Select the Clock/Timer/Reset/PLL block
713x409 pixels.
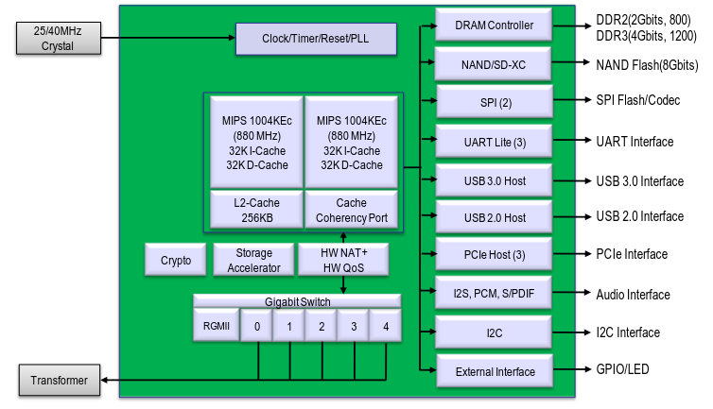(316, 39)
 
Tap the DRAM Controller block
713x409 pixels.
(494, 26)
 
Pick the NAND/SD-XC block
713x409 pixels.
(494, 65)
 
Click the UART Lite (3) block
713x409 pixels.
(494, 142)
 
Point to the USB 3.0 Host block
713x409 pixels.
(494, 180)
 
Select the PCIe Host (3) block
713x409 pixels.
(494, 254)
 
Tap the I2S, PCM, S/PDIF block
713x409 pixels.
(494, 294)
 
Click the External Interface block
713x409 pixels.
(494, 371)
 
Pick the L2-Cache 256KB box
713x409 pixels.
(253, 210)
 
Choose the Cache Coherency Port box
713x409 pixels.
(351, 210)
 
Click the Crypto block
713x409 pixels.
(176, 261)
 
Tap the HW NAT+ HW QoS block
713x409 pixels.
(344, 261)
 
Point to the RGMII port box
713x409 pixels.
(216, 326)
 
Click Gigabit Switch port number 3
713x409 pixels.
(354, 326)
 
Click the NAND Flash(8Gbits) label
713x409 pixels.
(646, 65)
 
